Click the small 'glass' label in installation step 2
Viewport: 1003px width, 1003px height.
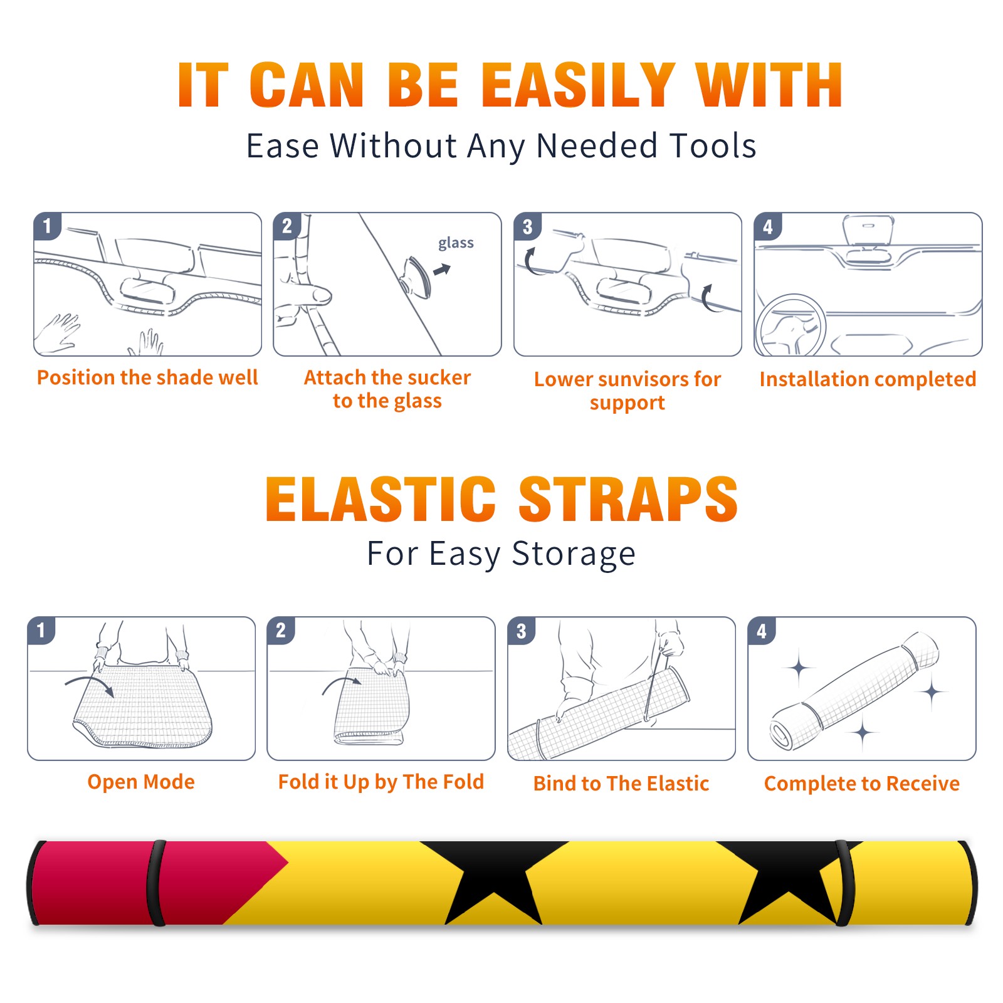(456, 243)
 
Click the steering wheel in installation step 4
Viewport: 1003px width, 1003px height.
(791, 325)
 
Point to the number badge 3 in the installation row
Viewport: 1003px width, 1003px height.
(527, 227)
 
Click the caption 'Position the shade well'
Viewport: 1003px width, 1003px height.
(147, 377)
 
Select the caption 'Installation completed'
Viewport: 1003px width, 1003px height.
(868, 379)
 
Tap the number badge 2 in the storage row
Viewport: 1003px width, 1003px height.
(280, 631)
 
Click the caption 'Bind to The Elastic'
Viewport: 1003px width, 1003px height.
(621, 784)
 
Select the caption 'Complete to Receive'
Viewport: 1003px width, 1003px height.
(861, 784)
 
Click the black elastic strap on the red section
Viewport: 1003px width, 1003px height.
(156, 883)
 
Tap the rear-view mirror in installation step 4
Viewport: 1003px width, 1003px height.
(868, 231)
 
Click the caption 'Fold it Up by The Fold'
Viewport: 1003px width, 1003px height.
(381, 782)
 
